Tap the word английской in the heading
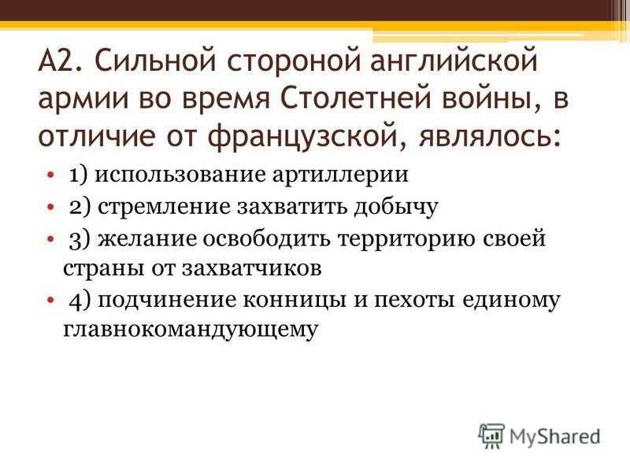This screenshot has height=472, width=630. (x=454, y=61)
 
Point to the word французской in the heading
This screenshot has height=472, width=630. (x=306, y=137)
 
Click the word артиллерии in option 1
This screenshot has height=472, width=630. (x=340, y=175)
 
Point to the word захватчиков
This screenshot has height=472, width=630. (x=252, y=268)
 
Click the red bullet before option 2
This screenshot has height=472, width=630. (x=50, y=207)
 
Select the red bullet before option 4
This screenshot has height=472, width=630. (x=50, y=301)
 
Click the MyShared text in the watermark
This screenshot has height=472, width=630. (x=555, y=437)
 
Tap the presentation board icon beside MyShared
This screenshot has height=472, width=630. (x=491, y=436)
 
